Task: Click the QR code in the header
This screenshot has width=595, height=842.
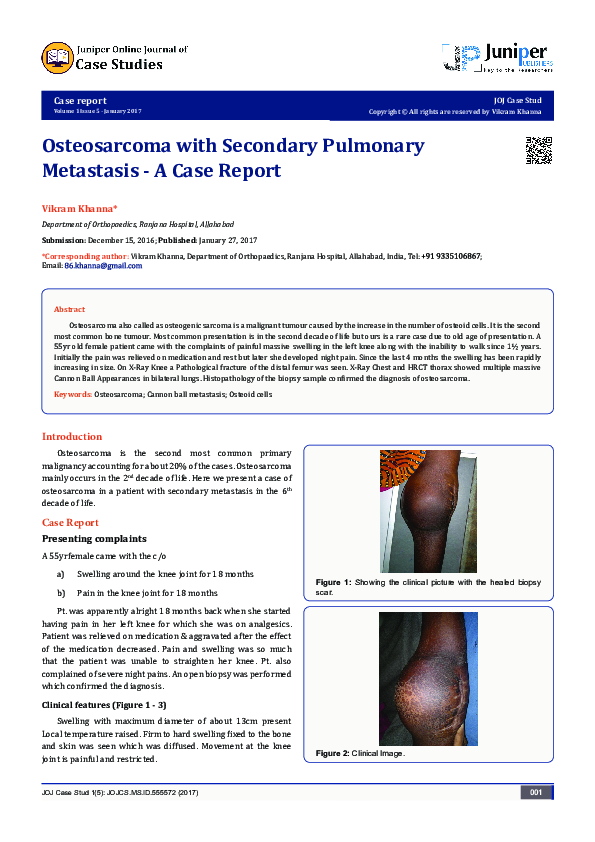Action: pyautogui.click(x=539, y=150)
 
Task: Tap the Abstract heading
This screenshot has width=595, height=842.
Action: pyautogui.click(x=69, y=310)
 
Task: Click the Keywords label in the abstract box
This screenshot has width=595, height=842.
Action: pyautogui.click(x=72, y=396)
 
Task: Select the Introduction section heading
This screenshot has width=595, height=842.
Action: pyautogui.click(x=71, y=437)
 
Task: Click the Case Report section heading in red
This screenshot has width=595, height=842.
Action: pyautogui.click(x=70, y=523)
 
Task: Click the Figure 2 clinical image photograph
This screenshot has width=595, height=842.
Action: pyautogui.click(x=428, y=678)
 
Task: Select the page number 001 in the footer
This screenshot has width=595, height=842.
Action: pyautogui.click(x=536, y=793)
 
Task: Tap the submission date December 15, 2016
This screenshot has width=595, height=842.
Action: pyautogui.click(x=124, y=241)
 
